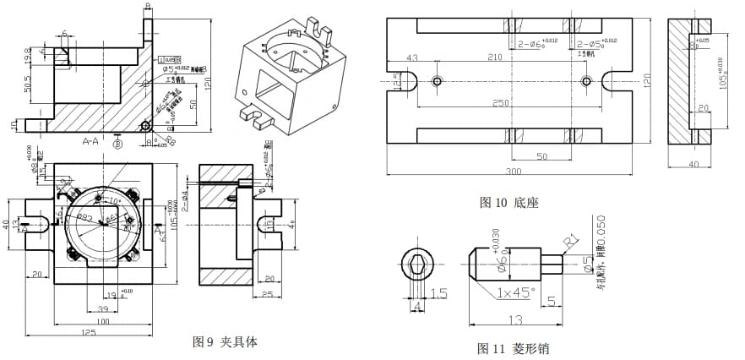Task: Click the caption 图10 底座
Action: pos(508,202)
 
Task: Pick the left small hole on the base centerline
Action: pos(436,80)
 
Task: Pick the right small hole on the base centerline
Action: pos(586,80)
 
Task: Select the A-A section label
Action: pos(91,140)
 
